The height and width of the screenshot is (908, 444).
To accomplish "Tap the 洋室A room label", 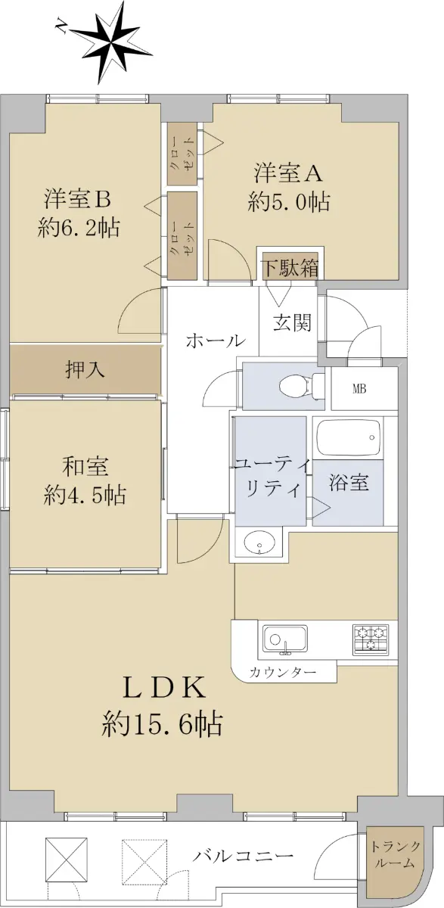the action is pyautogui.click(x=288, y=173).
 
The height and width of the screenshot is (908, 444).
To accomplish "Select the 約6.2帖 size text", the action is pyautogui.click(x=79, y=229).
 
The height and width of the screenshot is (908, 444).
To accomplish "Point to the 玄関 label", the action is pyautogui.click(x=292, y=322).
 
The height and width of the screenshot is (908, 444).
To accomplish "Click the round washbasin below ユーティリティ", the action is pyautogui.click(x=259, y=543).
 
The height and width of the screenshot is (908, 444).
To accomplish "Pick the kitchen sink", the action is pyautogui.click(x=285, y=639).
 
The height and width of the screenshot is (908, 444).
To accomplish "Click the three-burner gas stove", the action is pyautogui.click(x=371, y=639).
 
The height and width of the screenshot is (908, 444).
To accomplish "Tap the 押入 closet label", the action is pyautogui.click(x=85, y=370).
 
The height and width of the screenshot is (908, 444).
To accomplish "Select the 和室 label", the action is pyautogui.click(x=85, y=466).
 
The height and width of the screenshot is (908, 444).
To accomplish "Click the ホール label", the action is pyautogui.click(x=216, y=341).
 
